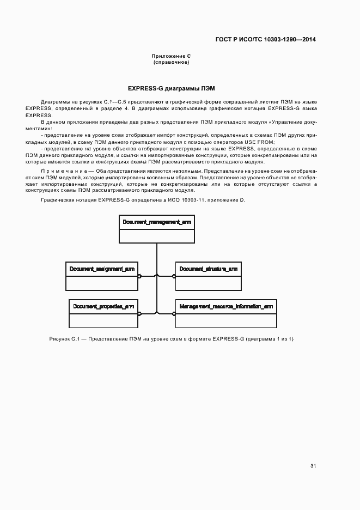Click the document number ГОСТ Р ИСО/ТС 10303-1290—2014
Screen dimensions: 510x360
tap(266, 39)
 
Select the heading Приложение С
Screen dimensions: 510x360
tap(171, 56)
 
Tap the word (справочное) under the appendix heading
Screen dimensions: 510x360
tap(171, 62)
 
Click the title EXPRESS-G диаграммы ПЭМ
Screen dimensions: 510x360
tap(171, 88)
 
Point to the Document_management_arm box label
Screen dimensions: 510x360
tap(157, 222)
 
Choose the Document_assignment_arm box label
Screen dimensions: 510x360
tap(102, 269)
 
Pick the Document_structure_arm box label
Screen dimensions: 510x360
tap(208, 269)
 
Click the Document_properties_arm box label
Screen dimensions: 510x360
tap(103, 307)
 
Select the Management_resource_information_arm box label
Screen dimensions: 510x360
tap(226, 307)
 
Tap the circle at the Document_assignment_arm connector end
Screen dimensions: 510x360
tap(139, 276)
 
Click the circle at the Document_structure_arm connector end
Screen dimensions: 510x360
tap(174, 276)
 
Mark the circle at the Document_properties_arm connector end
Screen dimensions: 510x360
tap(139, 313)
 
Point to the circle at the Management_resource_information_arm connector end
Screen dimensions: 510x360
tap(174, 313)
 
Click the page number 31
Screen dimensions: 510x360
tap(313, 466)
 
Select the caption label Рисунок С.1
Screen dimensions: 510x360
tap(64, 339)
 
